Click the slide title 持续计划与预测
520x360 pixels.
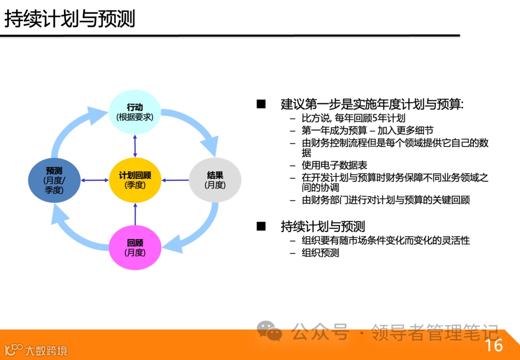(x=70, y=19)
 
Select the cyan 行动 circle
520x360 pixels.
(x=135, y=112)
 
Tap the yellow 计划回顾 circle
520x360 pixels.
(x=135, y=180)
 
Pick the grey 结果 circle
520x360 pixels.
(x=215, y=180)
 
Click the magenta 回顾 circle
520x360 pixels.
(x=135, y=248)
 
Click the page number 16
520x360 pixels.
(x=494, y=345)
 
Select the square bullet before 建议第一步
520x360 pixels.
(x=261, y=104)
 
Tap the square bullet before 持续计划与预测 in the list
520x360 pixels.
(x=261, y=226)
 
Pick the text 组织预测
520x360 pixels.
(x=320, y=253)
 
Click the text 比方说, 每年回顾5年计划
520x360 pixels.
(x=353, y=119)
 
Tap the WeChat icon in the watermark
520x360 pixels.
(x=269, y=331)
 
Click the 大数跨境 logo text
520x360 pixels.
(x=46, y=350)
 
